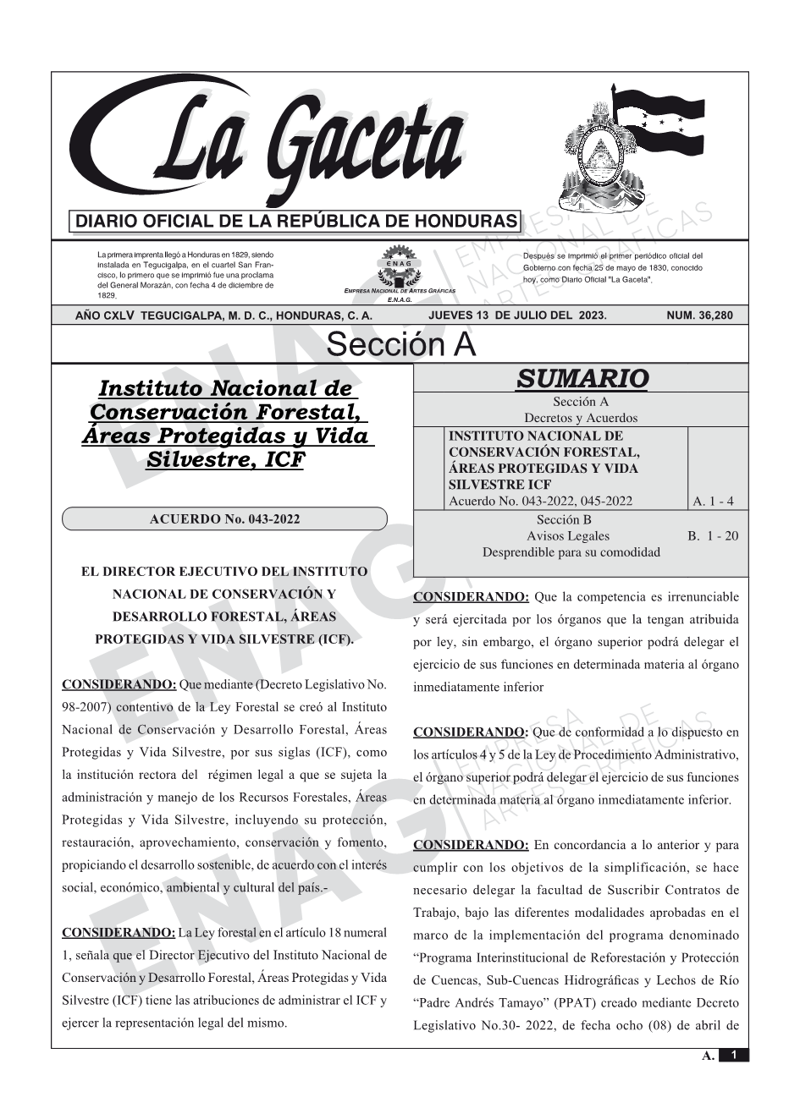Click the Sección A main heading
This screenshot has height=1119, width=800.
coord(400,345)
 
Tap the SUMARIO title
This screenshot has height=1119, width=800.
coord(582,378)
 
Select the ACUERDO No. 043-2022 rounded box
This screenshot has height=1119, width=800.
coord(224,518)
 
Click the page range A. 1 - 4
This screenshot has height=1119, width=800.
coord(713,501)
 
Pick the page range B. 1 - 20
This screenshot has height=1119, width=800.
coord(713,535)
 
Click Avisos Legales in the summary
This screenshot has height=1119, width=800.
coord(567,535)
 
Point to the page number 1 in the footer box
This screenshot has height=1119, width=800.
coord(734,1056)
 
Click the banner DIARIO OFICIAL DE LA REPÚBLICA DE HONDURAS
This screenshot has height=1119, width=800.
coord(296,222)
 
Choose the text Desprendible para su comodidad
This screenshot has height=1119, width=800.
coord(571,551)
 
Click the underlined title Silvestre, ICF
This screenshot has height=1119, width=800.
coord(224,460)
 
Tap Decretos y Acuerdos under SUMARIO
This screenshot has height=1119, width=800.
coord(581,418)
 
